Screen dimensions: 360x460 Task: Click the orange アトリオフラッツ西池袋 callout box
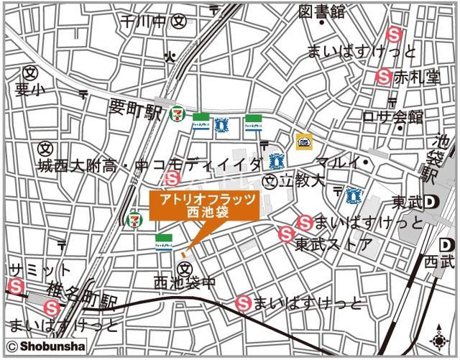202,206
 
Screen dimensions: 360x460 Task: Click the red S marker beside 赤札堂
385,76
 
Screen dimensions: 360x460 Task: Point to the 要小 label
29,89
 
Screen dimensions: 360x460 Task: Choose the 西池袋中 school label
185,283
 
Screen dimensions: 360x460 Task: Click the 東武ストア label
333,244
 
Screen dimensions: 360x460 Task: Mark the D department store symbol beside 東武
431,201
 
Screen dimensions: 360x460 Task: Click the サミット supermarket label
40,270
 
